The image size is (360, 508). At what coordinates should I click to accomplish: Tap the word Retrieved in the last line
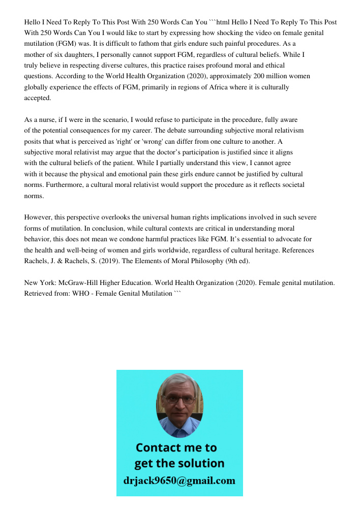pyautogui.click(x=39, y=293)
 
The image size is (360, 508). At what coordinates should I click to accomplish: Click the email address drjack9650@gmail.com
pyautogui.click(x=179, y=481)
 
